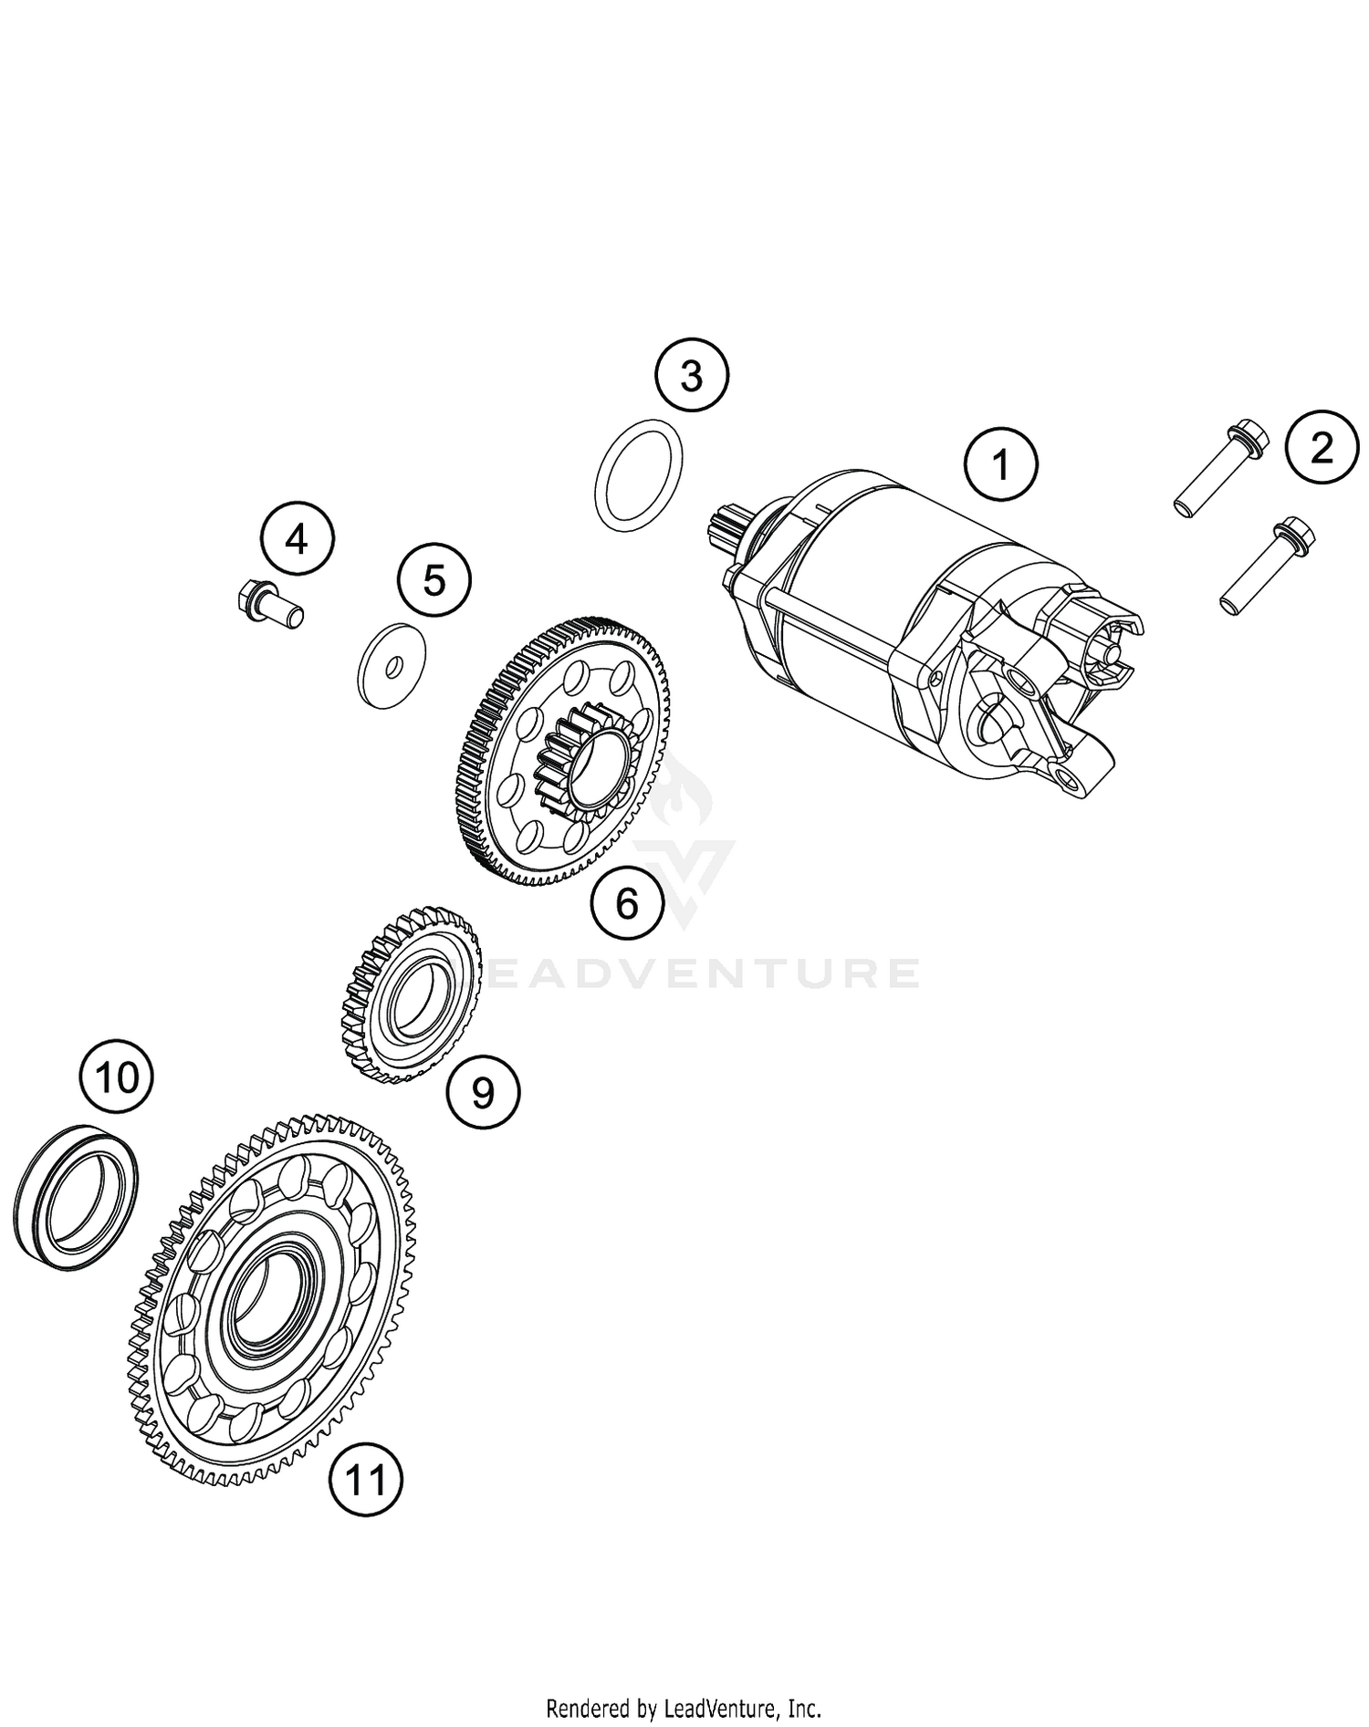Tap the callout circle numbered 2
(x=1321, y=448)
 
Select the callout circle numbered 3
(x=692, y=375)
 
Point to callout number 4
(x=297, y=539)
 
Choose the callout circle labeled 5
(x=434, y=579)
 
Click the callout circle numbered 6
(x=627, y=903)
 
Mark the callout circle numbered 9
(x=483, y=1090)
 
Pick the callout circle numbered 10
(x=116, y=1077)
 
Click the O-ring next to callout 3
(x=639, y=474)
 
